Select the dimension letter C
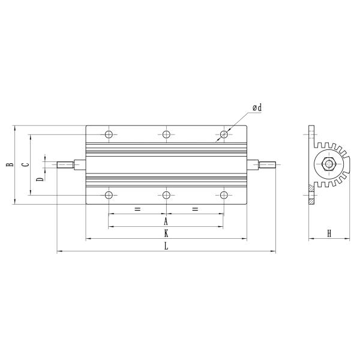[x=25, y=164]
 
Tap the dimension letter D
[x=40, y=179]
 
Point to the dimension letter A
[x=166, y=221]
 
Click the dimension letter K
[x=166, y=233]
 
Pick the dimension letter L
[x=166, y=247]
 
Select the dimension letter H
[x=329, y=233]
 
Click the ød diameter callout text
[x=257, y=107]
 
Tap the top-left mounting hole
[x=109, y=134]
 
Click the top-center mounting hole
[x=166, y=134]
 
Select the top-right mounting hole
[x=224, y=134]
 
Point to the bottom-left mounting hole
[x=109, y=195]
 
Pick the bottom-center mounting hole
[x=166, y=195]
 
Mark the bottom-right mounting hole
[x=224, y=195]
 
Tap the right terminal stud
[x=267, y=164]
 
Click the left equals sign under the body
[x=137, y=209]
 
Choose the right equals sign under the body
[x=194, y=209]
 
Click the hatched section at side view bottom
[x=311, y=190]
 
